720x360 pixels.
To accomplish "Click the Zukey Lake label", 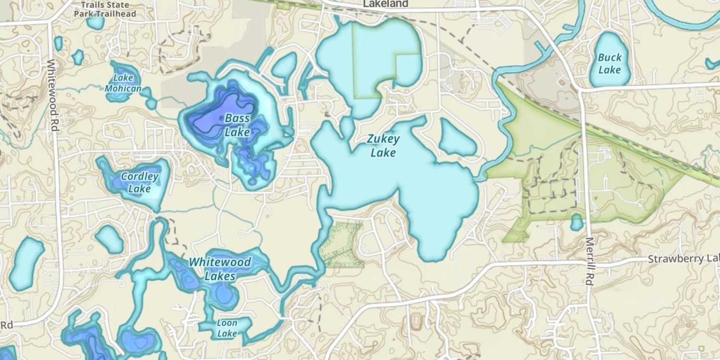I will tap(383, 146).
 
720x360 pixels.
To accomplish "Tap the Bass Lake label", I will tap(237, 125).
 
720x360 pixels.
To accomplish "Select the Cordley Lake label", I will tap(140, 182).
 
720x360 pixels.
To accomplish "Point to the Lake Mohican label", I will tap(123, 83).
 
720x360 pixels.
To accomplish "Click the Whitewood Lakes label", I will tap(220, 269).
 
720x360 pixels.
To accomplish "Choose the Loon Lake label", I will tap(227, 328).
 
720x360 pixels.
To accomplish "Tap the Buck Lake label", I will tap(610, 63).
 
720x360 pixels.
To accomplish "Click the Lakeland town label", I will tap(385, 4).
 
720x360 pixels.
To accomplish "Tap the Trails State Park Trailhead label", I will tap(105, 9).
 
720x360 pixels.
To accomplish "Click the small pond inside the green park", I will tap(576, 222).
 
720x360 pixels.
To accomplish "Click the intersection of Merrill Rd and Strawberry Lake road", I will tap(587, 262).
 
